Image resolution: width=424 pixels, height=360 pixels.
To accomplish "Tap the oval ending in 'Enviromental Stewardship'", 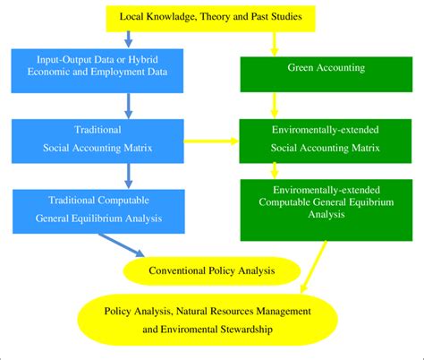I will click(211, 319).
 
